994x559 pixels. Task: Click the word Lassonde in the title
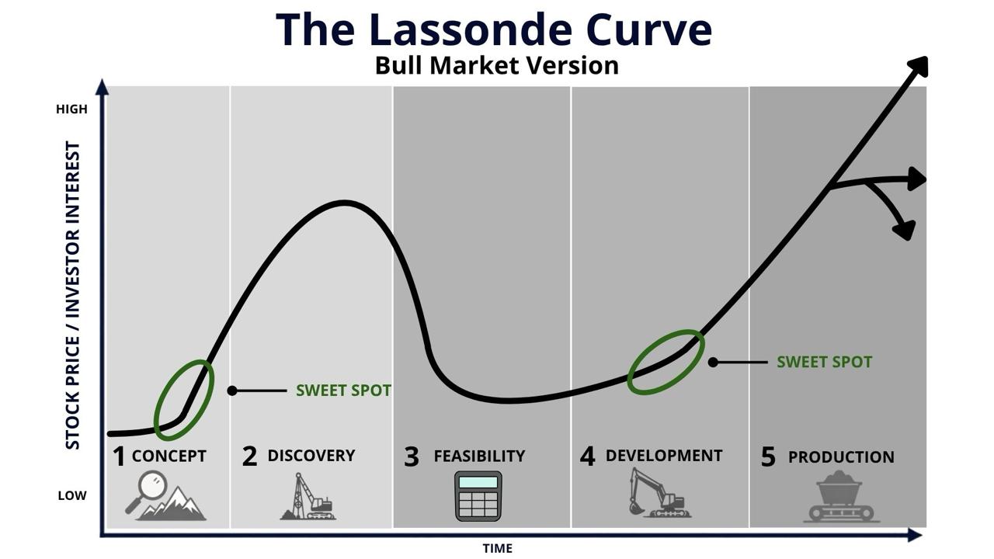click(471, 30)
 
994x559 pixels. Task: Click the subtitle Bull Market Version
click(496, 66)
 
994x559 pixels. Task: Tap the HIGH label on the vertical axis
click(72, 109)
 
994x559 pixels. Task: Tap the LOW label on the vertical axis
click(72, 495)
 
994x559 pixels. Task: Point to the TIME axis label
click(498, 549)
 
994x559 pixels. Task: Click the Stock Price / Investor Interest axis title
click(73, 295)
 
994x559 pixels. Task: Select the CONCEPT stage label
click(169, 456)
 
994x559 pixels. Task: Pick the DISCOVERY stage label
click(311, 456)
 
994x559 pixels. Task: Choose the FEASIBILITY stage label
click(479, 456)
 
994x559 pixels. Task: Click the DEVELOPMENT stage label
click(664, 456)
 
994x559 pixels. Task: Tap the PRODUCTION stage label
click(841, 457)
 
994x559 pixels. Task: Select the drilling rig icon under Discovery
click(308, 496)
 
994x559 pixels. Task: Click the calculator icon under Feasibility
click(478, 496)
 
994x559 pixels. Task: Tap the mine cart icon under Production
click(840, 496)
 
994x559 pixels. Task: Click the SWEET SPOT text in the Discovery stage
click(343, 391)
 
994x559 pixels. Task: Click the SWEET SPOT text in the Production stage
click(824, 362)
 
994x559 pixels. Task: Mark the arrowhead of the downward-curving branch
click(905, 231)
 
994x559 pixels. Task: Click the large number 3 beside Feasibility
click(412, 457)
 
